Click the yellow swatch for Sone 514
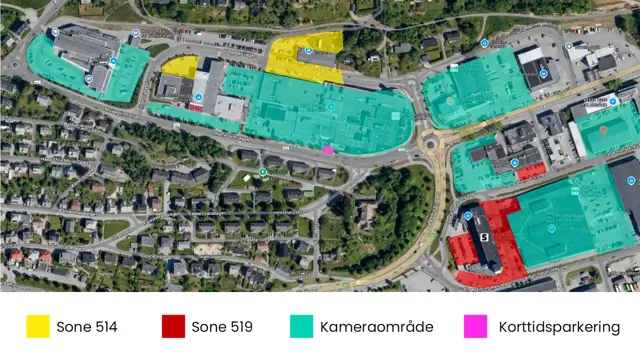(x=38, y=326)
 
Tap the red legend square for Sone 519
(x=173, y=326)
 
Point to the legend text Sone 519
(x=221, y=327)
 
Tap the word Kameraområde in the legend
(x=365, y=327)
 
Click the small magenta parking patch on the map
(x=328, y=150)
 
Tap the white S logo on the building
(x=484, y=237)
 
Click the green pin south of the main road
(x=262, y=171)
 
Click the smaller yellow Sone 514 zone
(x=181, y=67)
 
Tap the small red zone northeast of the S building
(x=530, y=171)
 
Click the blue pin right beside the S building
(x=467, y=215)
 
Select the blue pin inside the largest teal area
(x=331, y=106)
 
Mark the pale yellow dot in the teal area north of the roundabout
(x=450, y=100)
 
